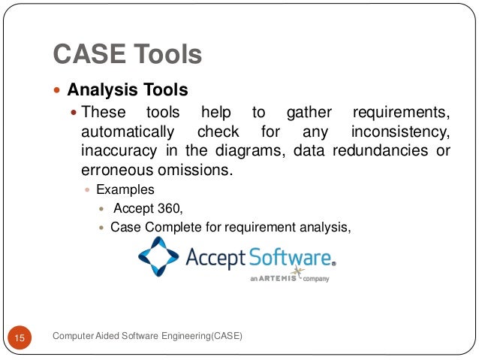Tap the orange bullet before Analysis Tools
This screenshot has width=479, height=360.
pos(59,92)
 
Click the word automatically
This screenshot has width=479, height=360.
pos(127,133)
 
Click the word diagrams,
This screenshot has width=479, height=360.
pos(252,152)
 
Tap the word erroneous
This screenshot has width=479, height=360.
pos(115,171)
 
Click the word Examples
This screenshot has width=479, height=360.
pos(125,190)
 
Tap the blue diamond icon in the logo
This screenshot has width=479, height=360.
pos(159,257)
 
